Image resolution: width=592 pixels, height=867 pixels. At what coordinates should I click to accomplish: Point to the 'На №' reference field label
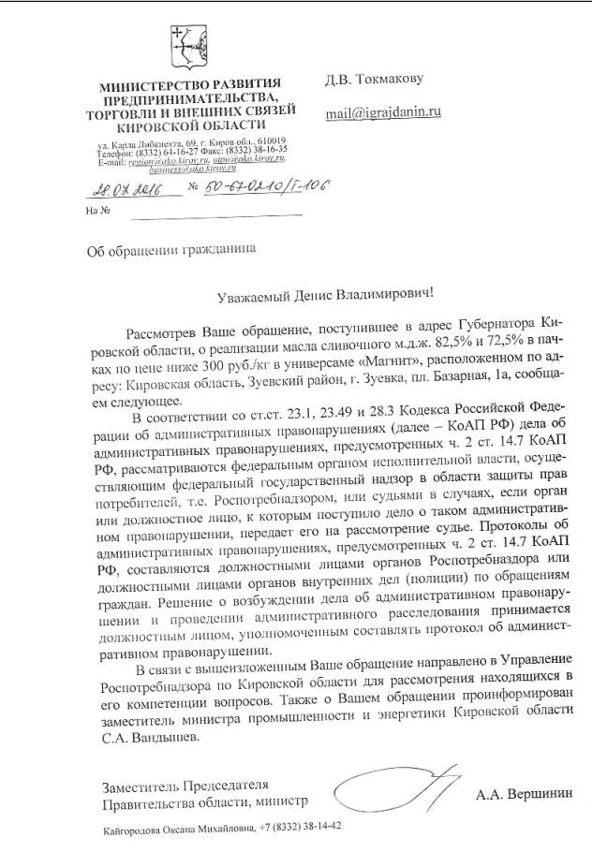tap(97, 211)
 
